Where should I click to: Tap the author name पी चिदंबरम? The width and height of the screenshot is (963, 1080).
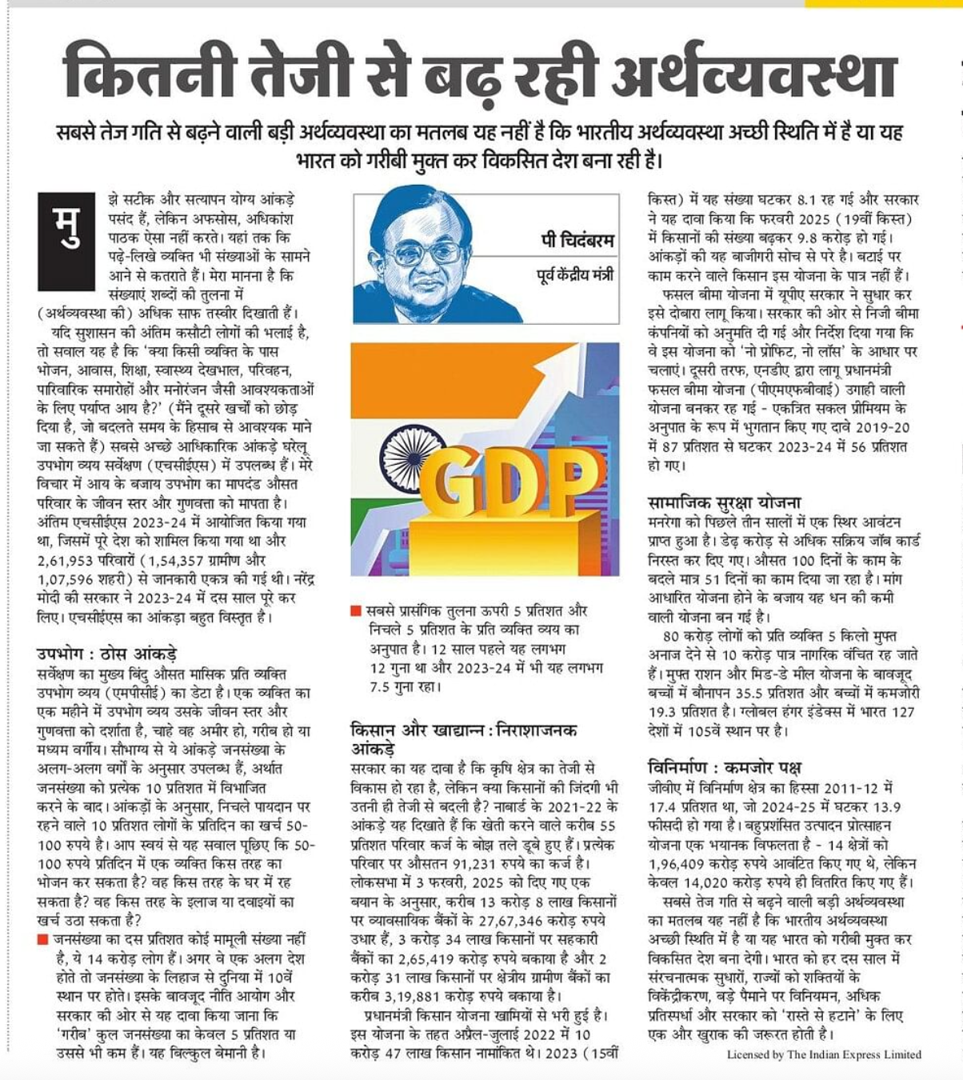577,239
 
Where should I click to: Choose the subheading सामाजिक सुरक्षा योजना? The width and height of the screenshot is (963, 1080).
724,502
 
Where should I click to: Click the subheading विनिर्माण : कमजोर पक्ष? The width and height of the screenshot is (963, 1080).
725,766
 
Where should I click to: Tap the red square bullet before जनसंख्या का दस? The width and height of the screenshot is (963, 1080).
42,939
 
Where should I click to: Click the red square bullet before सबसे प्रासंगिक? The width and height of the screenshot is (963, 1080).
356,611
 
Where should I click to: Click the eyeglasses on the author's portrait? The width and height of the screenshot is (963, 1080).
424,254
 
